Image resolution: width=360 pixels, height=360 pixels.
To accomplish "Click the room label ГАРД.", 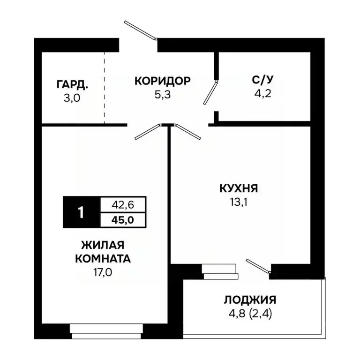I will pyautogui.click(x=72, y=85).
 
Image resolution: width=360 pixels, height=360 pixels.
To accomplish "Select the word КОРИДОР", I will pyautogui.click(x=162, y=81).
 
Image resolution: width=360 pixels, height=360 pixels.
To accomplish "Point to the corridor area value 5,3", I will pyautogui.click(x=162, y=94).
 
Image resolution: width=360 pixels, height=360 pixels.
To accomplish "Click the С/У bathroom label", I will pyautogui.click(x=262, y=80).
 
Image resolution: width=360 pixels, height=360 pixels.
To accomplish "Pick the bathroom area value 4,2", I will pyautogui.click(x=262, y=92).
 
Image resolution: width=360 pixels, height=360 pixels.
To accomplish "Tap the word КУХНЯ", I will pyautogui.click(x=239, y=189).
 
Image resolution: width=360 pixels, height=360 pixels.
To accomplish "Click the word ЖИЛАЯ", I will pyautogui.click(x=103, y=246).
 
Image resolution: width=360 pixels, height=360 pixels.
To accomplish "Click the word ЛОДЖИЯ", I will pyautogui.click(x=250, y=300).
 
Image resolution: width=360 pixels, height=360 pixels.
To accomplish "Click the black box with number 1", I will pyautogui.click(x=81, y=212).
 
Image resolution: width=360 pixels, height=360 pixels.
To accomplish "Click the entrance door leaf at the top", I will pyautogui.click(x=139, y=29).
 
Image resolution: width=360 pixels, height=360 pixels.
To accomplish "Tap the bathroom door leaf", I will pyautogui.click(x=210, y=92).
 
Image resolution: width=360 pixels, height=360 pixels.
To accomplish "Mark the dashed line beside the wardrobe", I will pyautogui.click(x=105, y=88).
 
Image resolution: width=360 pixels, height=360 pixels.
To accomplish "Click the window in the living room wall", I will pyautogui.click(x=105, y=330).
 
